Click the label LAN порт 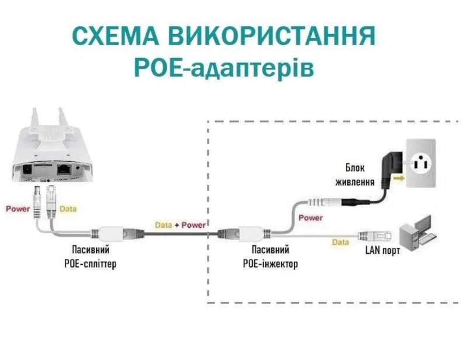(382, 250)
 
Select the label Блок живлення (355, 175)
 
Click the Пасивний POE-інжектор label (271, 256)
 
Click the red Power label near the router (18, 209)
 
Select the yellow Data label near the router (68, 209)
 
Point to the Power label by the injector (311, 218)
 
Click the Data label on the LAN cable (340, 242)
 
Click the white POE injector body (247, 233)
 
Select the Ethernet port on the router (64, 169)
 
